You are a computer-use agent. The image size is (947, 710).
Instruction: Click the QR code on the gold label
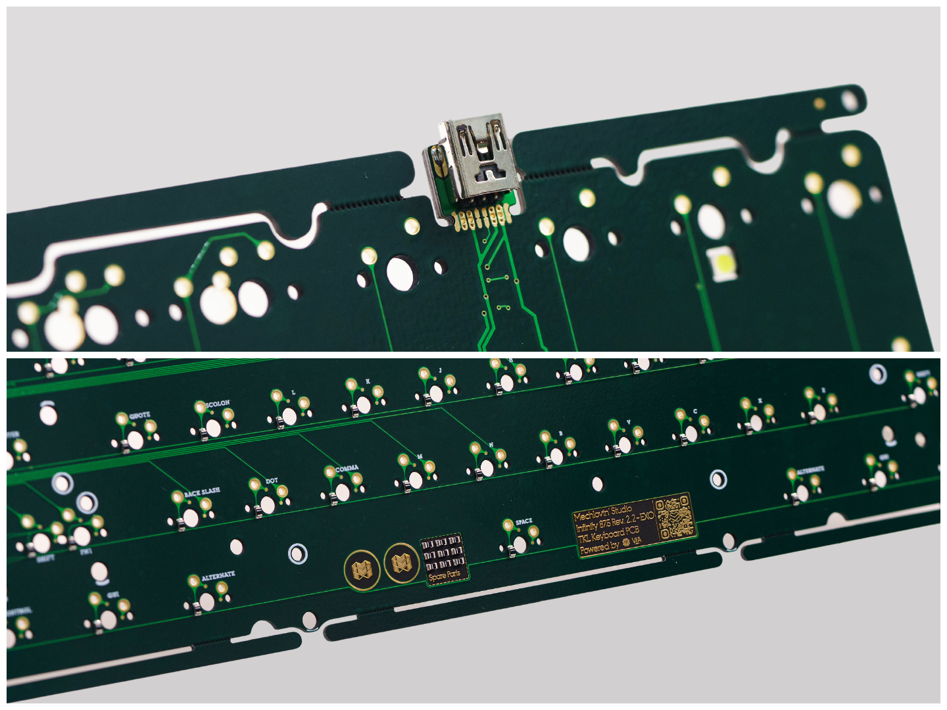pyautogui.click(x=675, y=517)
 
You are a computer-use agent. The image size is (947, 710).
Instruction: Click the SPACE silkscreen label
pyautogui.click(x=524, y=521)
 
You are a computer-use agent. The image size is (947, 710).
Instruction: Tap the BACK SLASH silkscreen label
pyautogui.click(x=202, y=492)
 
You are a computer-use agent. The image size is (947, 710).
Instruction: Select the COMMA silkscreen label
pyautogui.click(x=347, y=469)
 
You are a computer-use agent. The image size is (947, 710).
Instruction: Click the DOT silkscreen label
pyautogui.click(x=272, y=481)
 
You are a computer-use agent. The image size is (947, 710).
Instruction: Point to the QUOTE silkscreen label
pyautogui.click(x=139, y=415)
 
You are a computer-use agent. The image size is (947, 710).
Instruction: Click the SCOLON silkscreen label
pyautogui.click(x=218, y=403)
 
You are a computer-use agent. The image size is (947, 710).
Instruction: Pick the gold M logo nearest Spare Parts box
pyautogui.click(x=401, y=563)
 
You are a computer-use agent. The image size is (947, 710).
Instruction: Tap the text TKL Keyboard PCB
pyautogui.click(x=608, y=535)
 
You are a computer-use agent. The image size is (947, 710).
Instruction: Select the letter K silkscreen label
pyautogui.click(x=368, y=381)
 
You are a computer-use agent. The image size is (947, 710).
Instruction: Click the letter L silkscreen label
pyautogui.click(x=293, y=392)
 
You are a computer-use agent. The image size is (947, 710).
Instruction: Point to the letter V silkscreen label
pyautogui.click(x=629, y=422)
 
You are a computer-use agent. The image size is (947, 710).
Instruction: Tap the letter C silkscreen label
pyautogui.click(x=695, y=412)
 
